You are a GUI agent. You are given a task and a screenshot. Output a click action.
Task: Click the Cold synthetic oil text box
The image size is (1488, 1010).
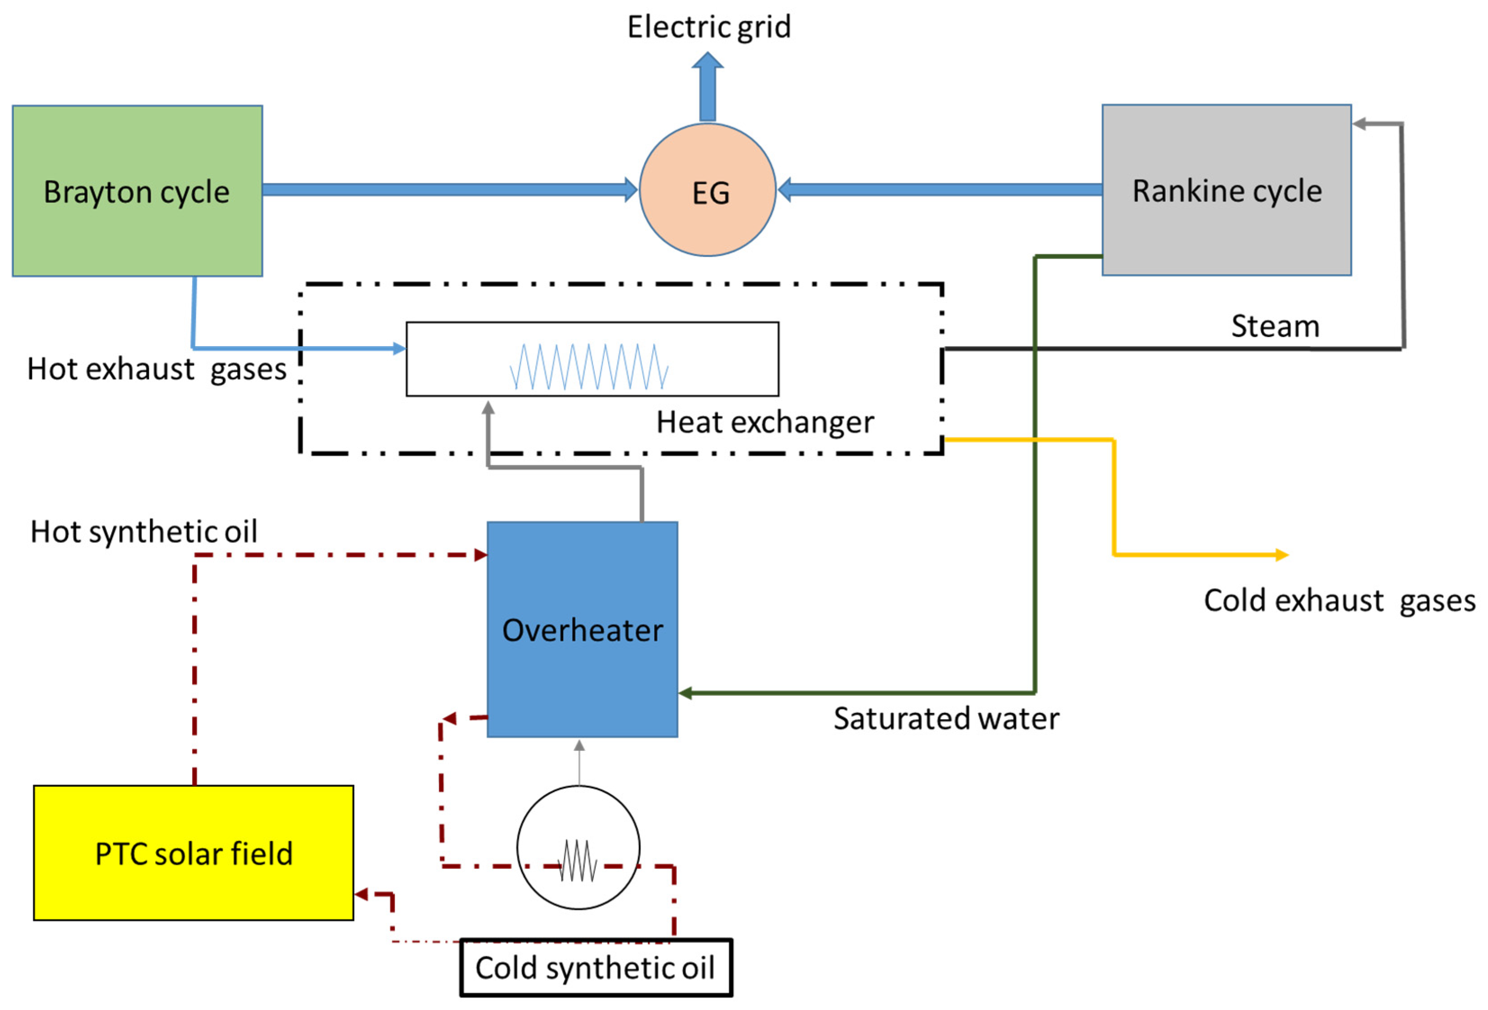click(x=595, y=967)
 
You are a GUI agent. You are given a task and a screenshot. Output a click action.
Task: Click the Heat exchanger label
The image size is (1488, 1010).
click(x=765, y=422)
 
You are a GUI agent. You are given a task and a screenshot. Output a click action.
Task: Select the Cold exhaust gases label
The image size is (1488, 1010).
click(x=1339, y=601)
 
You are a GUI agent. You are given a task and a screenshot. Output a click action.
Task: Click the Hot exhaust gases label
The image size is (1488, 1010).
click(x=157, y=370)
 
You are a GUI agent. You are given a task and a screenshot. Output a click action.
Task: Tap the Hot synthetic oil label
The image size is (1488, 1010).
click(x=144, y=532)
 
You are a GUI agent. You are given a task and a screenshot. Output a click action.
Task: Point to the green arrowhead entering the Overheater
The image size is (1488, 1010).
click(x=685, y=693)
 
